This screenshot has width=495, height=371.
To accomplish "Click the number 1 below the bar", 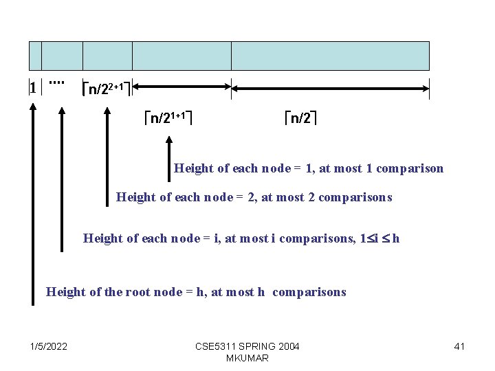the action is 32,87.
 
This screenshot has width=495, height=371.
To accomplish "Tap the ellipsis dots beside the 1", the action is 56,83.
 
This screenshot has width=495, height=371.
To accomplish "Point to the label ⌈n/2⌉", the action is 301,118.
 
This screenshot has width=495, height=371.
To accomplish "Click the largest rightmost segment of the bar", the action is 330,56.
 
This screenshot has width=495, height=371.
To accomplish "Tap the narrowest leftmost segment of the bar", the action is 35,56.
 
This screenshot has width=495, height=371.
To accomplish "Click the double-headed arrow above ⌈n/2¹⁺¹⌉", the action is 181,87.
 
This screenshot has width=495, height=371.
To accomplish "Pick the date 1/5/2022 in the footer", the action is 49,346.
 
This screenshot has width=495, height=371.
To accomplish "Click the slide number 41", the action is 459,346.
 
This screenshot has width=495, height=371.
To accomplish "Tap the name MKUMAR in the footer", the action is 247,358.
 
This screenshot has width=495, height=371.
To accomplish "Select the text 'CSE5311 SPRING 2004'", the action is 247,346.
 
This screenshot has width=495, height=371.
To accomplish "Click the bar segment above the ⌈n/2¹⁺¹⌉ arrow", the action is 181,56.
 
